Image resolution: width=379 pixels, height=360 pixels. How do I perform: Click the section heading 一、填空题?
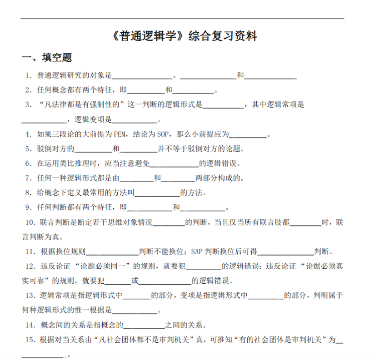click(x=47, y=58)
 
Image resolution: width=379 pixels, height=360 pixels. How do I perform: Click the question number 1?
click(x=28, y=75)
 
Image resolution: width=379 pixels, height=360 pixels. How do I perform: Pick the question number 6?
click(x=28, y=163)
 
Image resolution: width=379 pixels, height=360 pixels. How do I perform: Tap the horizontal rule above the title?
click(x=182, y=19)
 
